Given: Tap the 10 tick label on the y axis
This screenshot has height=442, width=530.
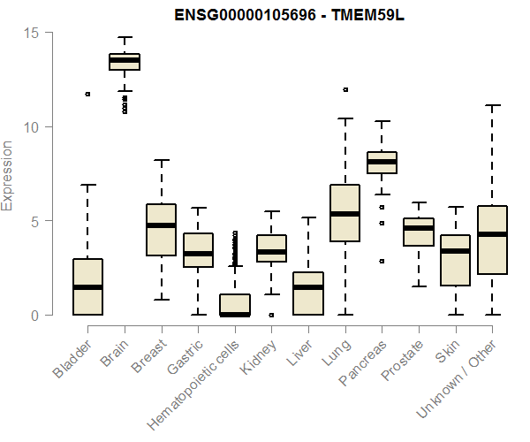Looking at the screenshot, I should click(x=33, y=126).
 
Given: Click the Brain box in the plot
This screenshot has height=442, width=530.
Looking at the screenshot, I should click(x=125, y=61).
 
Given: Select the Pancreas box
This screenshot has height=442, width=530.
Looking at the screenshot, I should click(x=382, y=163).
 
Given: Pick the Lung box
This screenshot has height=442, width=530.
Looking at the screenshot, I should click(x=344, y=212).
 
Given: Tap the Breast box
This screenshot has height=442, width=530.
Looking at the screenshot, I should click(x=161, y=230).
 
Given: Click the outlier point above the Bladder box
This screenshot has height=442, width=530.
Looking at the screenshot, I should click(x=87, y=94).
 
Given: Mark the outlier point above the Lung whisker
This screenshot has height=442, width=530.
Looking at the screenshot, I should click(x=345, y=89).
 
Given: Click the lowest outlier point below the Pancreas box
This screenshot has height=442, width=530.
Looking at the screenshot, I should click(x=382, y=261).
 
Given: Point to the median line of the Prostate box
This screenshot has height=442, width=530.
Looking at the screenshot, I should click(x=419, y=228).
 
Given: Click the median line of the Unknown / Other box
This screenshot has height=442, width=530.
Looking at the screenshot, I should click(x=492, y=234).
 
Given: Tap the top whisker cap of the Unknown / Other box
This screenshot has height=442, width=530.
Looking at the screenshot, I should click(x=492, y=105).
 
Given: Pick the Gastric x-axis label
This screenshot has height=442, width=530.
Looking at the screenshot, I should click(x=185, y=354).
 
